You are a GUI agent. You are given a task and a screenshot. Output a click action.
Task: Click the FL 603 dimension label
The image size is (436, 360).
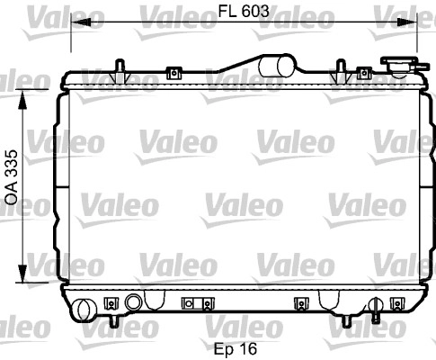[x=244, y=12]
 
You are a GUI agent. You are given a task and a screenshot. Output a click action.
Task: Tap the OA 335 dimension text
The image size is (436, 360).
[x=12, y=177]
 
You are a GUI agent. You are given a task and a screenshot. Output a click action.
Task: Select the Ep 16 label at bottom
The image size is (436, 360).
[x=236, y=348]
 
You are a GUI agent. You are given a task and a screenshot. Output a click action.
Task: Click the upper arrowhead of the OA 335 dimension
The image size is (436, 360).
[x=22, y=99]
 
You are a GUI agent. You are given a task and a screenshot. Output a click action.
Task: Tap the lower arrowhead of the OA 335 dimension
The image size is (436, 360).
[x=22, y=273]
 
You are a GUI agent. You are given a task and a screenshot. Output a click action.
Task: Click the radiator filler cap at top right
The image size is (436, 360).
[x=402, y=65]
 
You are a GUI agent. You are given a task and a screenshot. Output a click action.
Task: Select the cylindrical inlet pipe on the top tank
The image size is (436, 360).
[x=277, y=66]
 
